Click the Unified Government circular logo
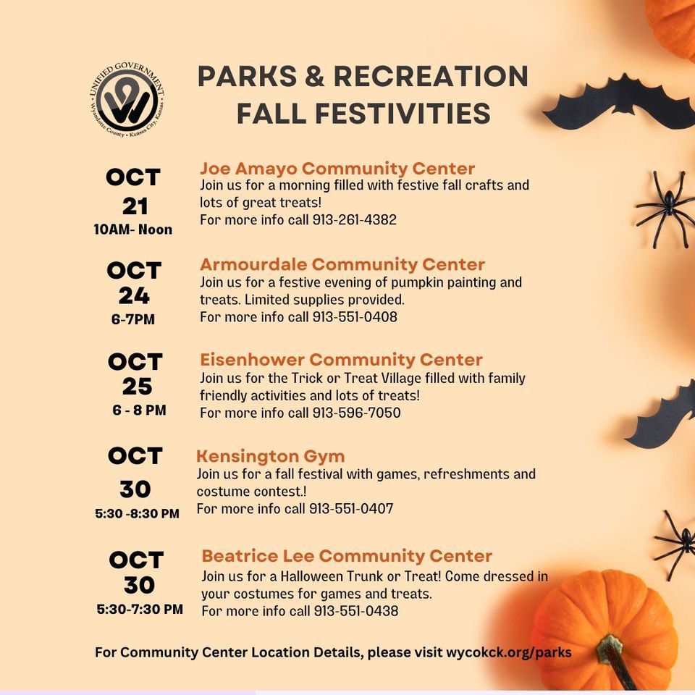point(130,100)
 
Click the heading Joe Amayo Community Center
point(337,169)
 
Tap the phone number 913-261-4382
point(355,219)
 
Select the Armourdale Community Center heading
point(342,264)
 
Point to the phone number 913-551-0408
point(355,316)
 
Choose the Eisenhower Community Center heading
point(341,360)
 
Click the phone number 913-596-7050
point(356,413)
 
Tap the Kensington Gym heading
point(270,456)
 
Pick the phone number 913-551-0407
point(351,509)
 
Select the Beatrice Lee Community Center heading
point(347,556)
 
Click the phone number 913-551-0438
point(356,611)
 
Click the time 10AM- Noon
point(133,229)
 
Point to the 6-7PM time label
point(133,319)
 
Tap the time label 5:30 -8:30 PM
point(137,514)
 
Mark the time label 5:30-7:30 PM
point(140,610)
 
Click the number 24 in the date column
point(135,295)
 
